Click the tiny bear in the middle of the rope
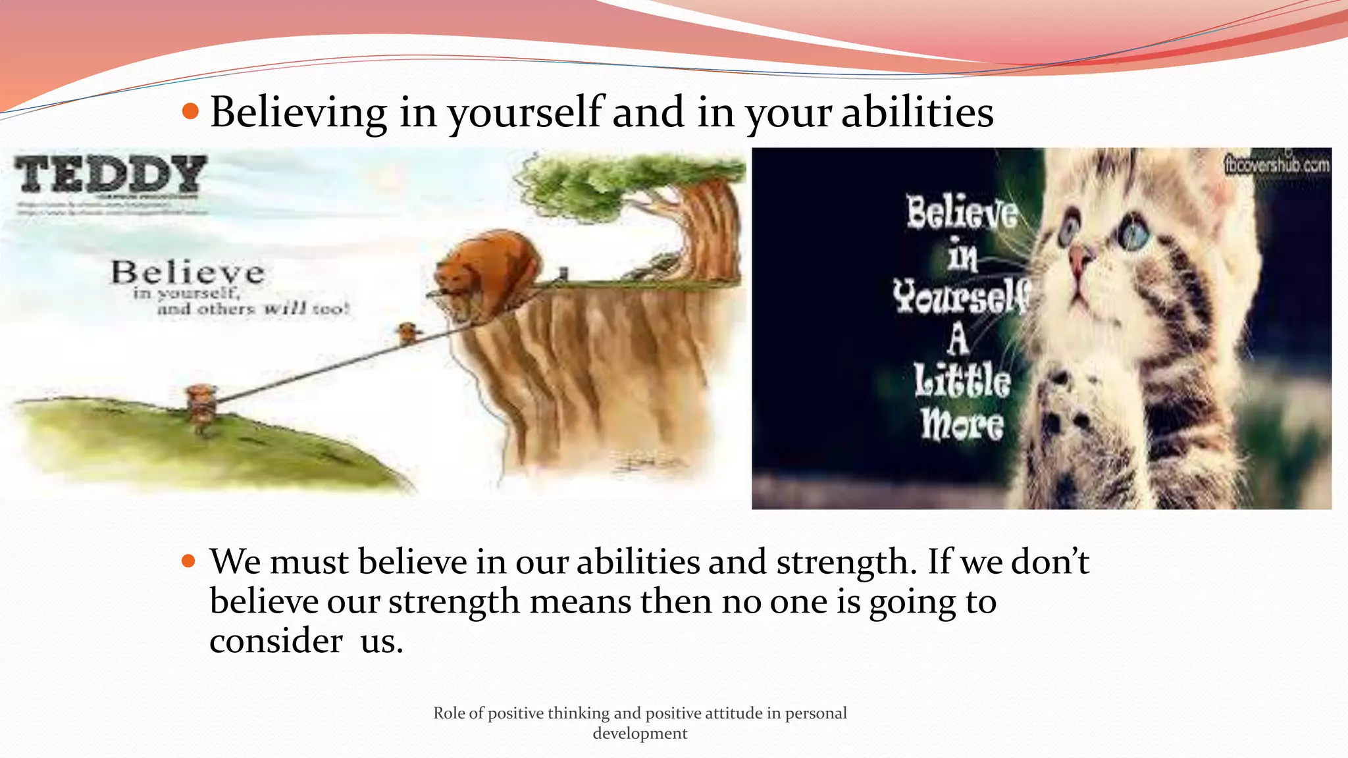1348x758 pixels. (x=408, y=332)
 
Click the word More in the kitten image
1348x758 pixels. (x=962, y=424)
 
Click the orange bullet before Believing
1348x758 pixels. (x=190, y=112)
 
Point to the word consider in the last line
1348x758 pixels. (x=276, y=640)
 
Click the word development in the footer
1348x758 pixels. (x=640, y=734)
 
